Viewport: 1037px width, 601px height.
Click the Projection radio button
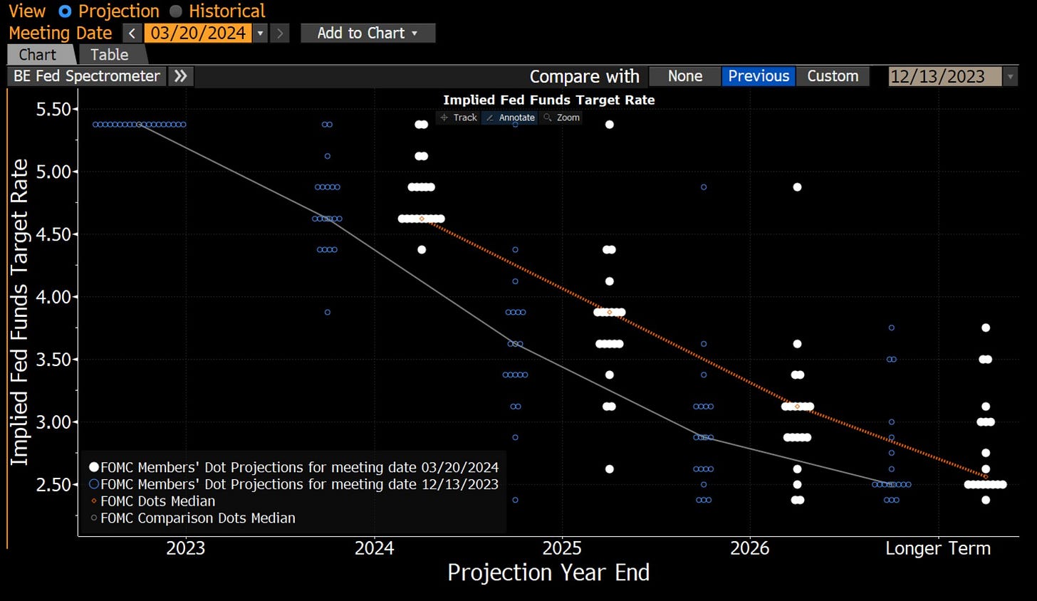click(66, 11)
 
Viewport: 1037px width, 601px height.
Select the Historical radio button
click(176, 11)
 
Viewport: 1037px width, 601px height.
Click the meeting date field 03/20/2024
click(197, 33)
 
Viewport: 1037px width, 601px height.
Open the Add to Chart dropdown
click(368, 33)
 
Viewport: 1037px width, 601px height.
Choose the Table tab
click(110, 55)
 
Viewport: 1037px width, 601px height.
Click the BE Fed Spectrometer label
click(87, 76)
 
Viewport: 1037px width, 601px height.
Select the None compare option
click(685, 76)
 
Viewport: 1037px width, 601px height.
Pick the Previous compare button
click(759, 76)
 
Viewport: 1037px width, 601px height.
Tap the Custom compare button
click(833, 76)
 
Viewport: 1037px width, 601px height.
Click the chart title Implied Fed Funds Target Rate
click(548, 100)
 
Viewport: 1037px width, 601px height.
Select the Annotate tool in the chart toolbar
click(511, 117)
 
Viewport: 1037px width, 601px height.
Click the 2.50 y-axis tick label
click(53, 484)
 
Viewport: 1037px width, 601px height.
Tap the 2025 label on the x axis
click(562, 548)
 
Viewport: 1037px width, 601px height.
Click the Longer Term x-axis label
click(938, 548)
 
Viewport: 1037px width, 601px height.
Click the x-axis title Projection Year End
click(548, 573)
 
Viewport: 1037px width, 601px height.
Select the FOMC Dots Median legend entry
click(157, 501)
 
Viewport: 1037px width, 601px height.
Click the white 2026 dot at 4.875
click(798, 187)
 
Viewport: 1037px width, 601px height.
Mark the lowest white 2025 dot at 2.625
click(610, 469)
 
